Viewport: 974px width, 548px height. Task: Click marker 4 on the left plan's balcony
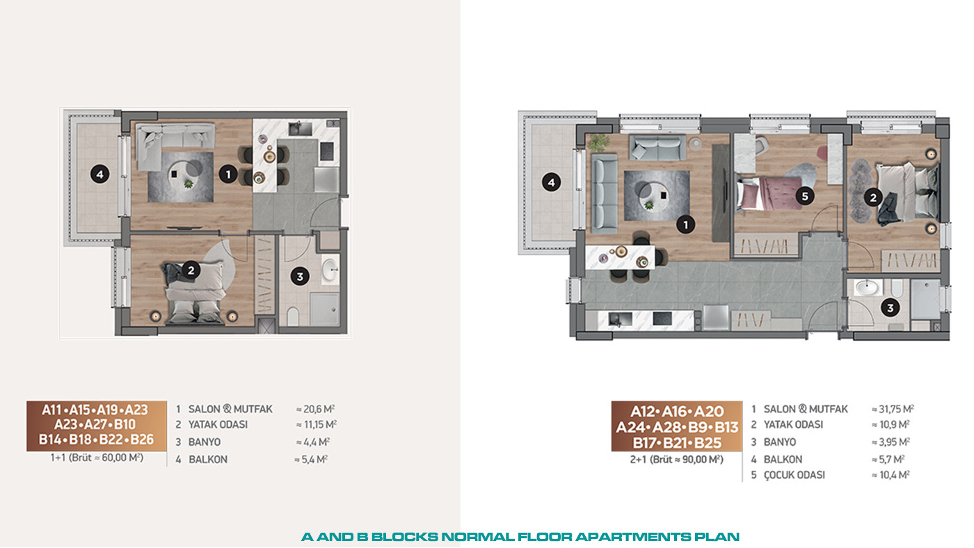click(x=99, y=175)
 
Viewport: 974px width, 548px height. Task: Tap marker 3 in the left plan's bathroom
click(x=300, y=276)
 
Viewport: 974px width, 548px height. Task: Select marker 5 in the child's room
click(x=804, y=196)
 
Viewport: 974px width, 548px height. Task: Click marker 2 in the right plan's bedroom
click(x=872, y=198)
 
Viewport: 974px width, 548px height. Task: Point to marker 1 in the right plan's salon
click(x=686, y=225)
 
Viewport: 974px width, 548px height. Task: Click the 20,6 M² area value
click(x=315, y=409)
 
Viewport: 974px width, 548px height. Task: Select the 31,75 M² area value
click(x=893, y=409)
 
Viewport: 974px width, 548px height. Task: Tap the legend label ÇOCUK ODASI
click(x=795, y=475)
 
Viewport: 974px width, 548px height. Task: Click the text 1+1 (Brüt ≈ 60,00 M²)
click(x=97, y=458)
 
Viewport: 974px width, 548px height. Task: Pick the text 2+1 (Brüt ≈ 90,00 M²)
click(x=677, y=460)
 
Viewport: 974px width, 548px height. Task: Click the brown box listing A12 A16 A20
click(x=676, y=426)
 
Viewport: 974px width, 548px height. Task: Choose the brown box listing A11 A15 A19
click(x=97, y=426)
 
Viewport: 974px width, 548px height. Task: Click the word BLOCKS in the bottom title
click(x=405, y=537)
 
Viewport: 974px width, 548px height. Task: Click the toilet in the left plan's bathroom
click(x=293, y=316)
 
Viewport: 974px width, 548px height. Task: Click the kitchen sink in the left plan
click(x=301, y=129)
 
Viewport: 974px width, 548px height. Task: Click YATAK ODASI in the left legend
click(x=218, y=425)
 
